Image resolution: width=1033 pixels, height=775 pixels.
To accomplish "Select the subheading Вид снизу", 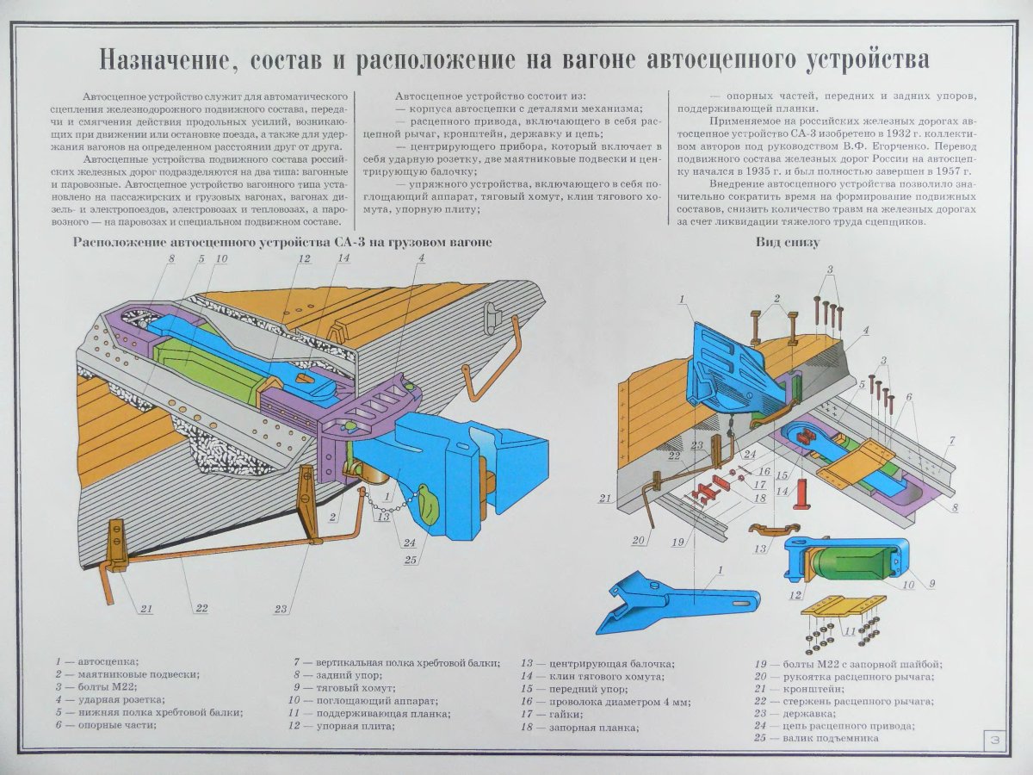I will click(x=787, y=243).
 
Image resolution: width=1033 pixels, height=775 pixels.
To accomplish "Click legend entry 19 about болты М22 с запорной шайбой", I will click(x=847, y=664).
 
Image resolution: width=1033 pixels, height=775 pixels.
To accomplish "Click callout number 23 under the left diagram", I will click(x=281, y=609).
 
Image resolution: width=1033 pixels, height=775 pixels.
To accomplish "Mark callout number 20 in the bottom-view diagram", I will click(x=638, y=541).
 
